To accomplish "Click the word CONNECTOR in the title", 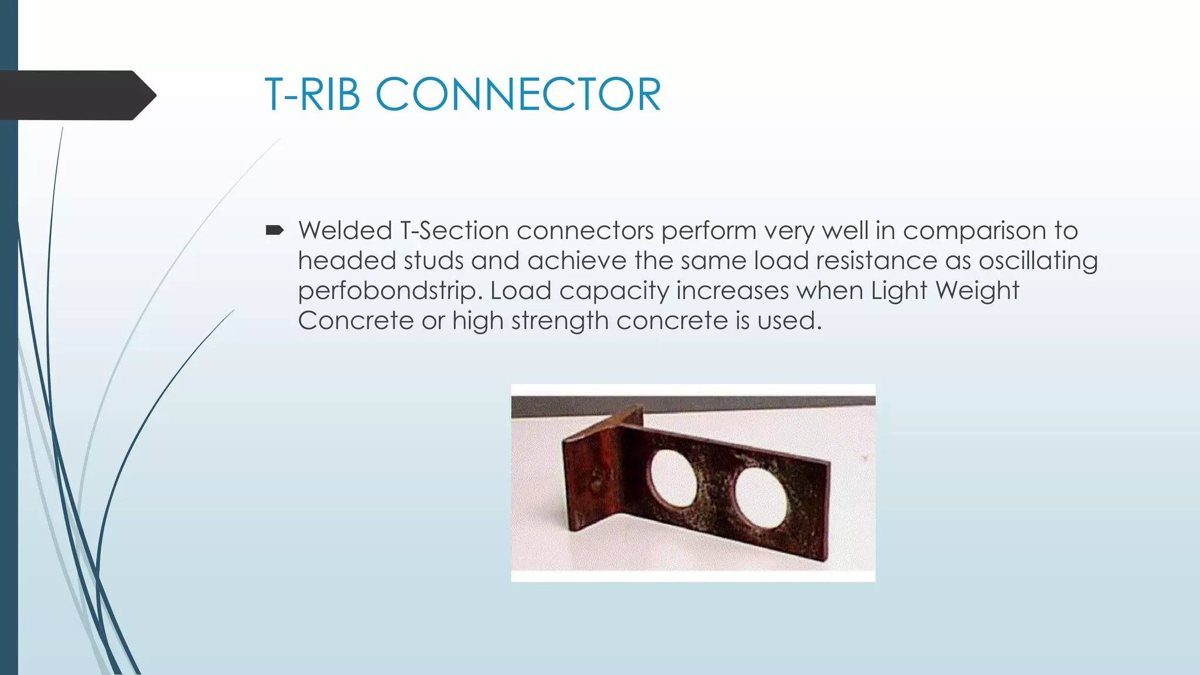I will point(518,94).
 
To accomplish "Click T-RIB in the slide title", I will point(312,94).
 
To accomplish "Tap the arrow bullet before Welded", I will point(274,230).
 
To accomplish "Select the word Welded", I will point(345,230).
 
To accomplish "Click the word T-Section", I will point(454,231).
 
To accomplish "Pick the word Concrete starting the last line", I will point(355,321).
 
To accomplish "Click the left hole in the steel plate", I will point(673,478).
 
